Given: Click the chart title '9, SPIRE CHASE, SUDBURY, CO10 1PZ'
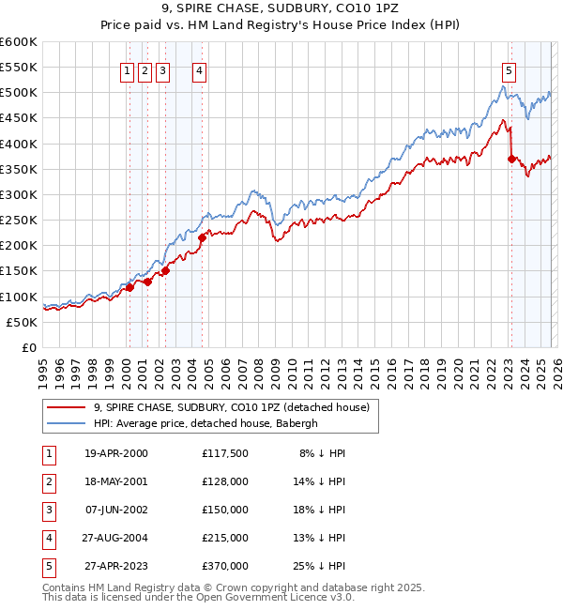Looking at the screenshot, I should coord(281,10).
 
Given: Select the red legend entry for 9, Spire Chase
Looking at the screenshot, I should coord(232,407).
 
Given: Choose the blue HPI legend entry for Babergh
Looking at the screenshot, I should coord(205,423).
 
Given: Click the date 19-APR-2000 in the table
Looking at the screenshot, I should coord(116,453).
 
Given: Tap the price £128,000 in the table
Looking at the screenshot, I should coord(224,481).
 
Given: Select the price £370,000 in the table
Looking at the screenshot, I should coord(224,566).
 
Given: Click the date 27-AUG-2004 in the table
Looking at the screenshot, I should coord(116,538).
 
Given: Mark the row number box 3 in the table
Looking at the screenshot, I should coord(48,510).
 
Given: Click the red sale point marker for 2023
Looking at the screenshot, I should coord(511,160).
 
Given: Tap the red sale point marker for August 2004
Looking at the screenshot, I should coord(203,238).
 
